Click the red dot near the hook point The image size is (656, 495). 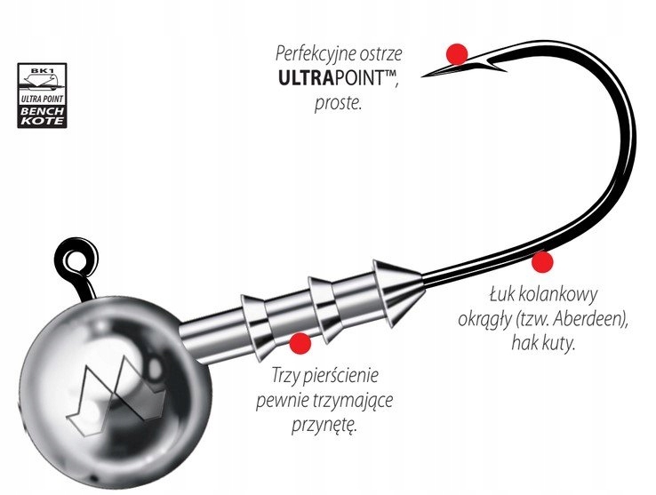(x=457, y=54)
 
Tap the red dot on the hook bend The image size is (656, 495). (x=542, y=262)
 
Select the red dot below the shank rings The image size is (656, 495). (x=300, y=344)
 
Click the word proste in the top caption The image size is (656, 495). (x=338, y=102)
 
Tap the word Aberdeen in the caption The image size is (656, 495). (x=586, y=319)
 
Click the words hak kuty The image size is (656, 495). (x=543, y=343)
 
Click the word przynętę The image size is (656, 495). (x=324, y=426)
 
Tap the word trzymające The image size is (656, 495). (x=354, y=401)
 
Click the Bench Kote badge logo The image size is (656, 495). (x=42, y=95)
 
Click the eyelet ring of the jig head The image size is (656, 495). (x=76, y=259)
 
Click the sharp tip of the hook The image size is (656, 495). (x=421, y=76)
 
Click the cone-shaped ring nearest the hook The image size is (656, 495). (x=398, y=292)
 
